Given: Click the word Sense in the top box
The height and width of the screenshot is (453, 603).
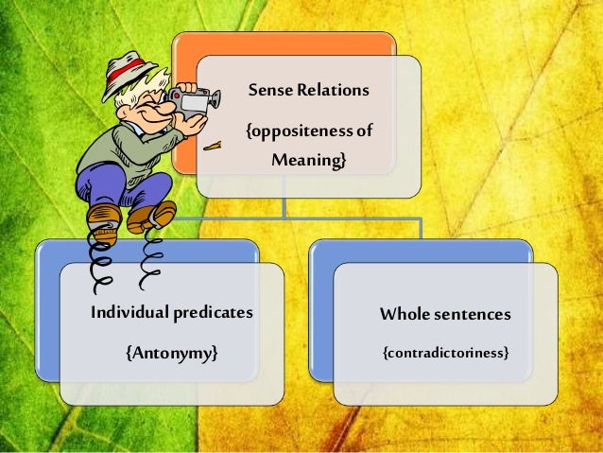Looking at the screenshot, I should click(x=268, y=91).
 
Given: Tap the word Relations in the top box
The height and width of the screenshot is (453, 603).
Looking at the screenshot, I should click(x=330, y=91).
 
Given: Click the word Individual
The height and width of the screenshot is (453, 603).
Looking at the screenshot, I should click(x=129, y=313).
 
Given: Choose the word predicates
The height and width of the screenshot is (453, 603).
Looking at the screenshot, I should click(x=213, y=313).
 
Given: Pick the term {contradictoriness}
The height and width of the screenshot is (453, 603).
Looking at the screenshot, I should click(x=445, y=353).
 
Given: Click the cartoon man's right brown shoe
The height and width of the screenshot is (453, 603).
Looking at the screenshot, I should click(x=152, y=216).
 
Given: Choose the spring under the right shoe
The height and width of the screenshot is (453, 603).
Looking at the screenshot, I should click(x=149, y=255).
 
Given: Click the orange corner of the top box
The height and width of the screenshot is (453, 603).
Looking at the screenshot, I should click(x=189, y=47).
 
